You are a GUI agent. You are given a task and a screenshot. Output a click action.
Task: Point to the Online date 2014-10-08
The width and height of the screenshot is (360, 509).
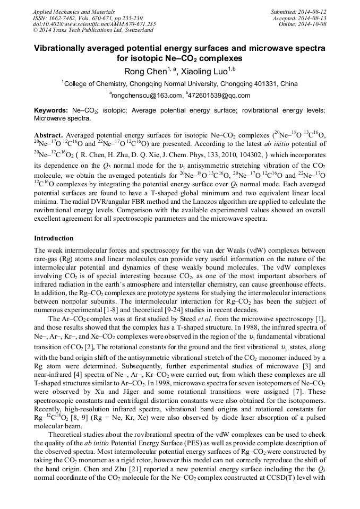click(x=313, y=24)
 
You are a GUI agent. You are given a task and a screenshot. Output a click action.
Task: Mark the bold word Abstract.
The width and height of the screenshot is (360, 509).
click(x=49, y=135)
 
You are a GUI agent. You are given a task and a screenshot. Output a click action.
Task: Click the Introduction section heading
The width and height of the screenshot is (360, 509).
click(x=54, y=238)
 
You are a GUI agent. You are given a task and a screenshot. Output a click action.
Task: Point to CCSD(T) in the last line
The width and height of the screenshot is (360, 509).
click(x=305, y=478)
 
